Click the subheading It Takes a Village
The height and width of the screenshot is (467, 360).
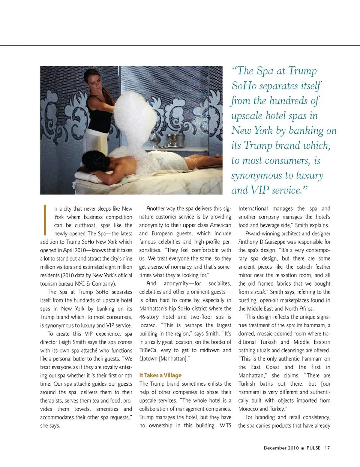click(160, 375)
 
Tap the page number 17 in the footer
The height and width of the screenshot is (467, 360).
click(327, 448)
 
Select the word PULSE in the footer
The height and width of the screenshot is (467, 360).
click(313, 448)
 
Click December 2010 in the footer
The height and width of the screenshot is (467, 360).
click(281, 448)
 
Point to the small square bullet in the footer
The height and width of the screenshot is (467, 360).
click(303, 448)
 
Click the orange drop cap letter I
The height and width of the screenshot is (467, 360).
click(45, 220)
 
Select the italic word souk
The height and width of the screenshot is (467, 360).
click(259, 292)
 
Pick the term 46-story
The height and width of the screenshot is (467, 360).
click(149, 317)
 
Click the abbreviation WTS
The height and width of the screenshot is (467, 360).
click(225, 425)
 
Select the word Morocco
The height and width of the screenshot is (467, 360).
click(248, 409)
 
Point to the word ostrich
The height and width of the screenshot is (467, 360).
click(304, 267)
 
